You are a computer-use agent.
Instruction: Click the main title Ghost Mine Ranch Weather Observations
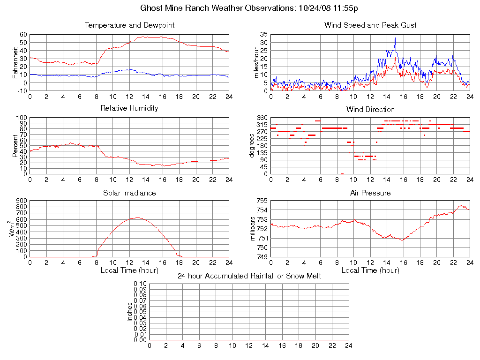[x=249, y=8]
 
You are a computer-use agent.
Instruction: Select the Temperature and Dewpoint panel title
[x=129, y=25]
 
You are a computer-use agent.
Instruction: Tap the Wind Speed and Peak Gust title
[x=370, y=25]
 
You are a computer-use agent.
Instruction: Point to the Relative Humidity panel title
[x=129, y=108]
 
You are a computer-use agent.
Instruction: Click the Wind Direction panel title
[x=370, y=110]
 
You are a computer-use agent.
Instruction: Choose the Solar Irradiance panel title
[x=129, y=193]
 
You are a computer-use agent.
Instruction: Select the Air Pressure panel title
[x=370, y=193]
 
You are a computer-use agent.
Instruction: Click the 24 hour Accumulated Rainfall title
[x=249, y=276]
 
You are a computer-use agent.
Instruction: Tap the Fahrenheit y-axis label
[x=15, y=62]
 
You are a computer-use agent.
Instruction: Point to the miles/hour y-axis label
[x=256, y=62]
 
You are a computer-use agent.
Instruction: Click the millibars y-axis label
[x=254, y=228]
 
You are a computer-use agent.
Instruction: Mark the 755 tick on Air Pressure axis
[x=262, y=201]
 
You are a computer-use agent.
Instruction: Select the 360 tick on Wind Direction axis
[x=262, y=118]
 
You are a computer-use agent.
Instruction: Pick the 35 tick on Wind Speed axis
[x=263, y=35]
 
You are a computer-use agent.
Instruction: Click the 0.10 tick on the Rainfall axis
[x=140, y=284]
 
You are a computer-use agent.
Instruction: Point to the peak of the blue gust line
[x=395, y=38]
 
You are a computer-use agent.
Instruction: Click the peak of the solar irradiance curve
[x=137, y=217]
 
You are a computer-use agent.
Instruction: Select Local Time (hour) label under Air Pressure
[x=370, y=270]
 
